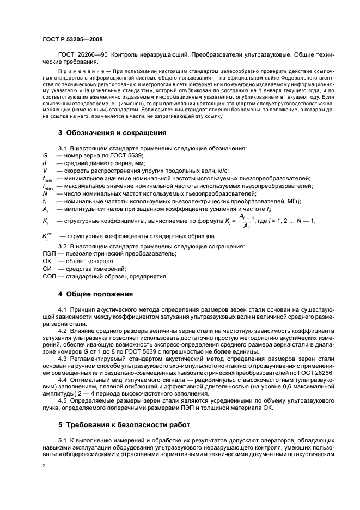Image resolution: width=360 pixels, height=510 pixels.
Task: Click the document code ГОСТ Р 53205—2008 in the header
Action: pos(72,40)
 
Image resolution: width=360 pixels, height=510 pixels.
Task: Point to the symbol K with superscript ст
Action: pos(46,236)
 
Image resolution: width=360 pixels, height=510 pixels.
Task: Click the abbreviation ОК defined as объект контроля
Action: pos(47,262)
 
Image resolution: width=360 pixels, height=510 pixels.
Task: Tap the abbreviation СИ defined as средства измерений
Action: pos(47,269)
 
